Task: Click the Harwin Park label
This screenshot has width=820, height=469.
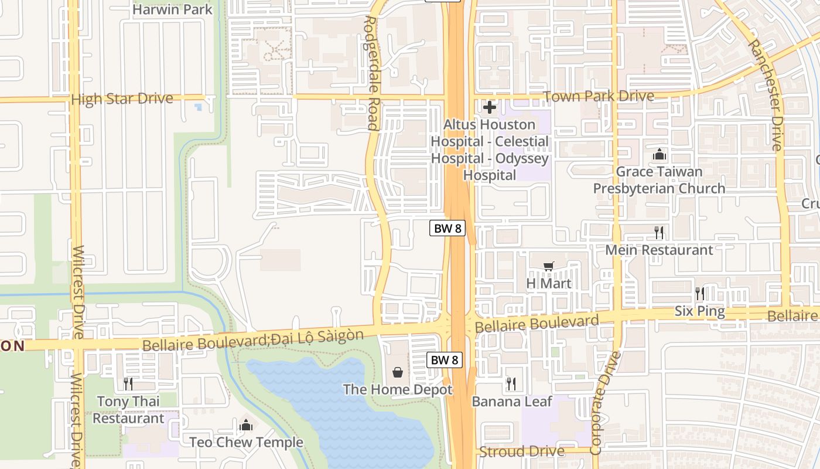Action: point(172,9)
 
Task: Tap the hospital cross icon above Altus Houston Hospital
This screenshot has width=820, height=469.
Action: point(490,107)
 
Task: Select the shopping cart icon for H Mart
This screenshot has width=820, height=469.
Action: point(548,267)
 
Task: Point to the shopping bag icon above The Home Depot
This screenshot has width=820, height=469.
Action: point(398,372)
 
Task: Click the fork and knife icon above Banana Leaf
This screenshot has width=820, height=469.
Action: point(511,384)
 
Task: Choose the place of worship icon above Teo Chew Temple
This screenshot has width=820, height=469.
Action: point(246,424)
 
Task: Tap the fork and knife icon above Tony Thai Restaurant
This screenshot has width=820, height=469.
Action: point(128,384)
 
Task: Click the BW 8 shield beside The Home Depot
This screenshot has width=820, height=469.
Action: point(445,360)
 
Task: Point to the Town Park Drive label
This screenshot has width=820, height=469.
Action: point(599,96)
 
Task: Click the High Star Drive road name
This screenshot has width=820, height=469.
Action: point(122,98)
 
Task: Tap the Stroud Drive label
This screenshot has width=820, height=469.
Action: point(522,451)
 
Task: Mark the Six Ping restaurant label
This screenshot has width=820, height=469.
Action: point(699,311)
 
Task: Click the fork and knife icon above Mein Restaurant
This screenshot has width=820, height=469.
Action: point(659,233)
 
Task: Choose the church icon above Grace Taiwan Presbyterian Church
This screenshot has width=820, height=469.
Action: point(660,155)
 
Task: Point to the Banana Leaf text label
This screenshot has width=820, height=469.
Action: point(512,402)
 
